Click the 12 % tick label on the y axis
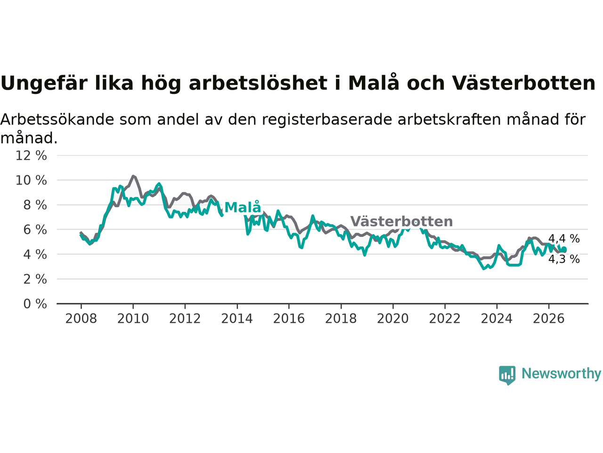click(31, 156)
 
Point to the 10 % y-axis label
click(31, 180)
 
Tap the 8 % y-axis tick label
click(35, 205)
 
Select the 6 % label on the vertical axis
click(35, 230)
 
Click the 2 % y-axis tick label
click(35, 279)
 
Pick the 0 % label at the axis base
click(35, 304)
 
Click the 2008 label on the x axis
click(81, 319)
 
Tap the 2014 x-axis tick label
click(237, 319)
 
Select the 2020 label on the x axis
click(393, 319)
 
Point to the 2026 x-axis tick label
click(549, 319)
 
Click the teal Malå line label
click(243, 207)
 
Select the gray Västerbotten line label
click(401, 221)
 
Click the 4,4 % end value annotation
click(564, 239)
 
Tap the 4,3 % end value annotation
click(564, 259)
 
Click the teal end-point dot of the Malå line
click(564, 249)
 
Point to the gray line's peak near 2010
click(133, 176)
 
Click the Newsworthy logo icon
click(507, 375)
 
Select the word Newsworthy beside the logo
click(561, 374)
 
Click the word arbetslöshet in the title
click(258, 83)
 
